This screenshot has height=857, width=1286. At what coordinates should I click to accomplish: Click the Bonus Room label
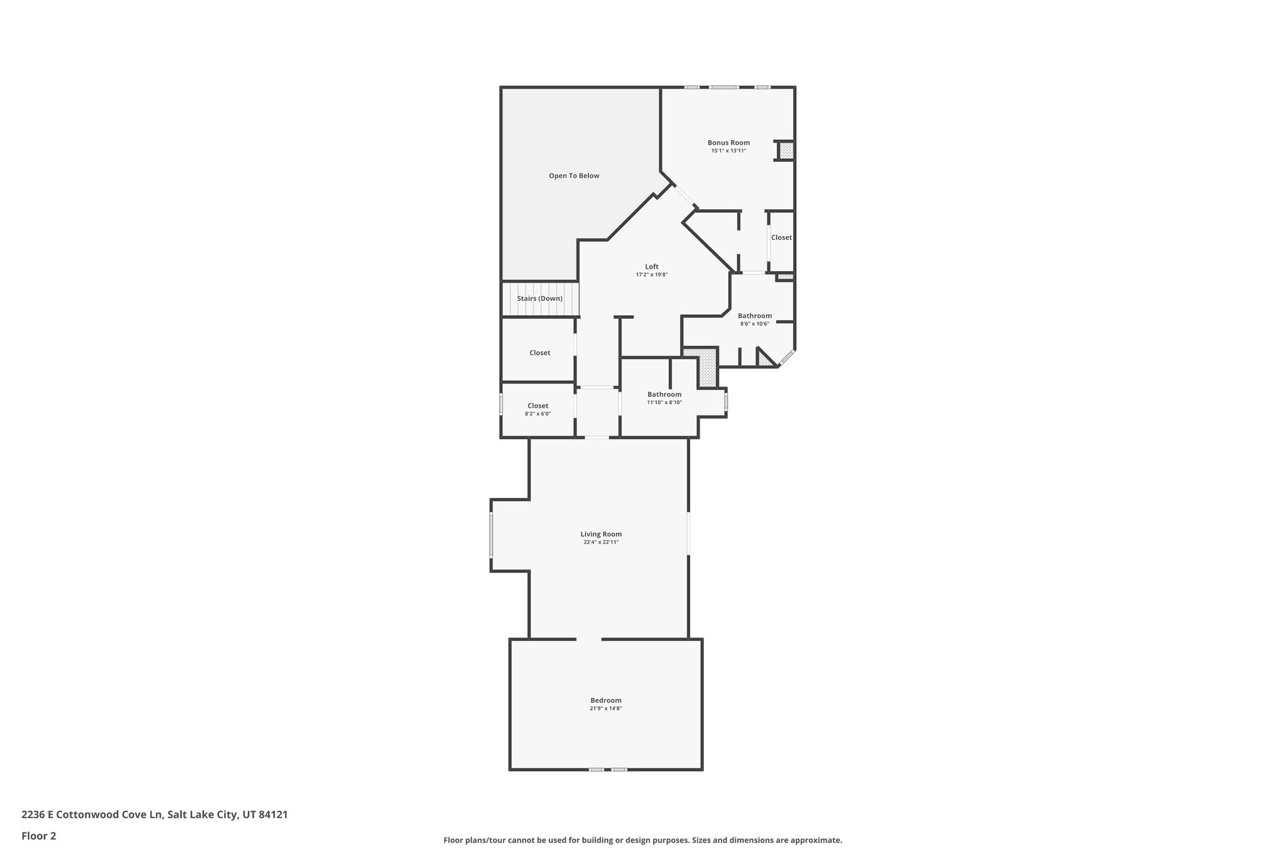point(728,143)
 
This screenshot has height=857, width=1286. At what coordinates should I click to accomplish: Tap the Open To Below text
point(574,176)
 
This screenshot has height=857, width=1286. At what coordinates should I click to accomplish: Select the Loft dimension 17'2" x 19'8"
point(651,275)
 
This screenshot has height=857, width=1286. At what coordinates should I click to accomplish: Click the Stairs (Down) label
point(539,298)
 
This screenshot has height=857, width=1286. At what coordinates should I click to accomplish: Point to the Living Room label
point(601,534)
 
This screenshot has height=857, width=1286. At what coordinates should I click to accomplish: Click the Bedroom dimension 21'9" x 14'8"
point(605,708)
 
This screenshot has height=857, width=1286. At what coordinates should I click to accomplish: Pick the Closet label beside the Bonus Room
point(781,237)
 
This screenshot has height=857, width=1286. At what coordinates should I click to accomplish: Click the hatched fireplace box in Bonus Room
point(786,151)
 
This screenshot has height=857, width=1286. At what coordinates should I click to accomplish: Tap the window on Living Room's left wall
point(491,535)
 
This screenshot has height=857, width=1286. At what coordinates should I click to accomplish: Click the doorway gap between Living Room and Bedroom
point(589,639)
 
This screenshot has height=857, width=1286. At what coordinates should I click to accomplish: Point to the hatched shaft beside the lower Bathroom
point(708,369)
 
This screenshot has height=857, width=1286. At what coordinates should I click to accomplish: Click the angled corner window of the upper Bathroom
point(787,358)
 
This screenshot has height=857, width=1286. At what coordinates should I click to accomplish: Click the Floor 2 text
point(39,836)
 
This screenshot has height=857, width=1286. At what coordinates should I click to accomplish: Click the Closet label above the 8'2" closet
point(539,353)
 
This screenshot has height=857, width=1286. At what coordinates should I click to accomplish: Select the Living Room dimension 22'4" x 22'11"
point(601,542)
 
